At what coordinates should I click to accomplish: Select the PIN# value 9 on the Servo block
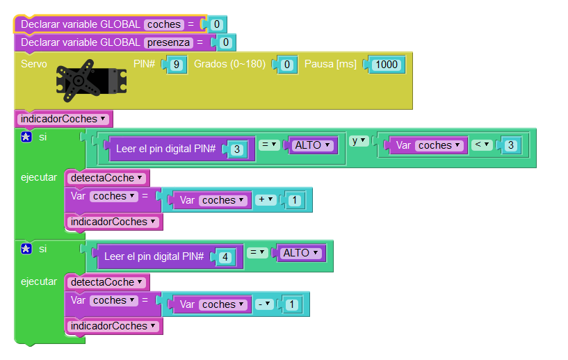click(x=177, y=65)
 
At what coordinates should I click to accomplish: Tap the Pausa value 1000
click(x=386, y=65)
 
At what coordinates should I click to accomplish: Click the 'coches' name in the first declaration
click(x=163, y=24)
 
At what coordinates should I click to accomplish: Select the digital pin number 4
click(x=224, y=256)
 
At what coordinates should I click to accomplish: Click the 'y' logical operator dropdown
click(x=358, y=141)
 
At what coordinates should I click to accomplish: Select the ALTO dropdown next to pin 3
click(x=311, y=145)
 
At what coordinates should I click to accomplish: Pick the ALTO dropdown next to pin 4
click(x=300, y=253)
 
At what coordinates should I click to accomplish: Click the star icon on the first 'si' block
click(x=26, y=137)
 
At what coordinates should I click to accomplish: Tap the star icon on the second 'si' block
click(x=26, y=249)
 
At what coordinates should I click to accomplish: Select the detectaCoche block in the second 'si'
click(x=107, y=282)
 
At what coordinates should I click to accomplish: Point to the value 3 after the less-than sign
click(x=510, y=145)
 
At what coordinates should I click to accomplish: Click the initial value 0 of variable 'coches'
click(x=216, y=24)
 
